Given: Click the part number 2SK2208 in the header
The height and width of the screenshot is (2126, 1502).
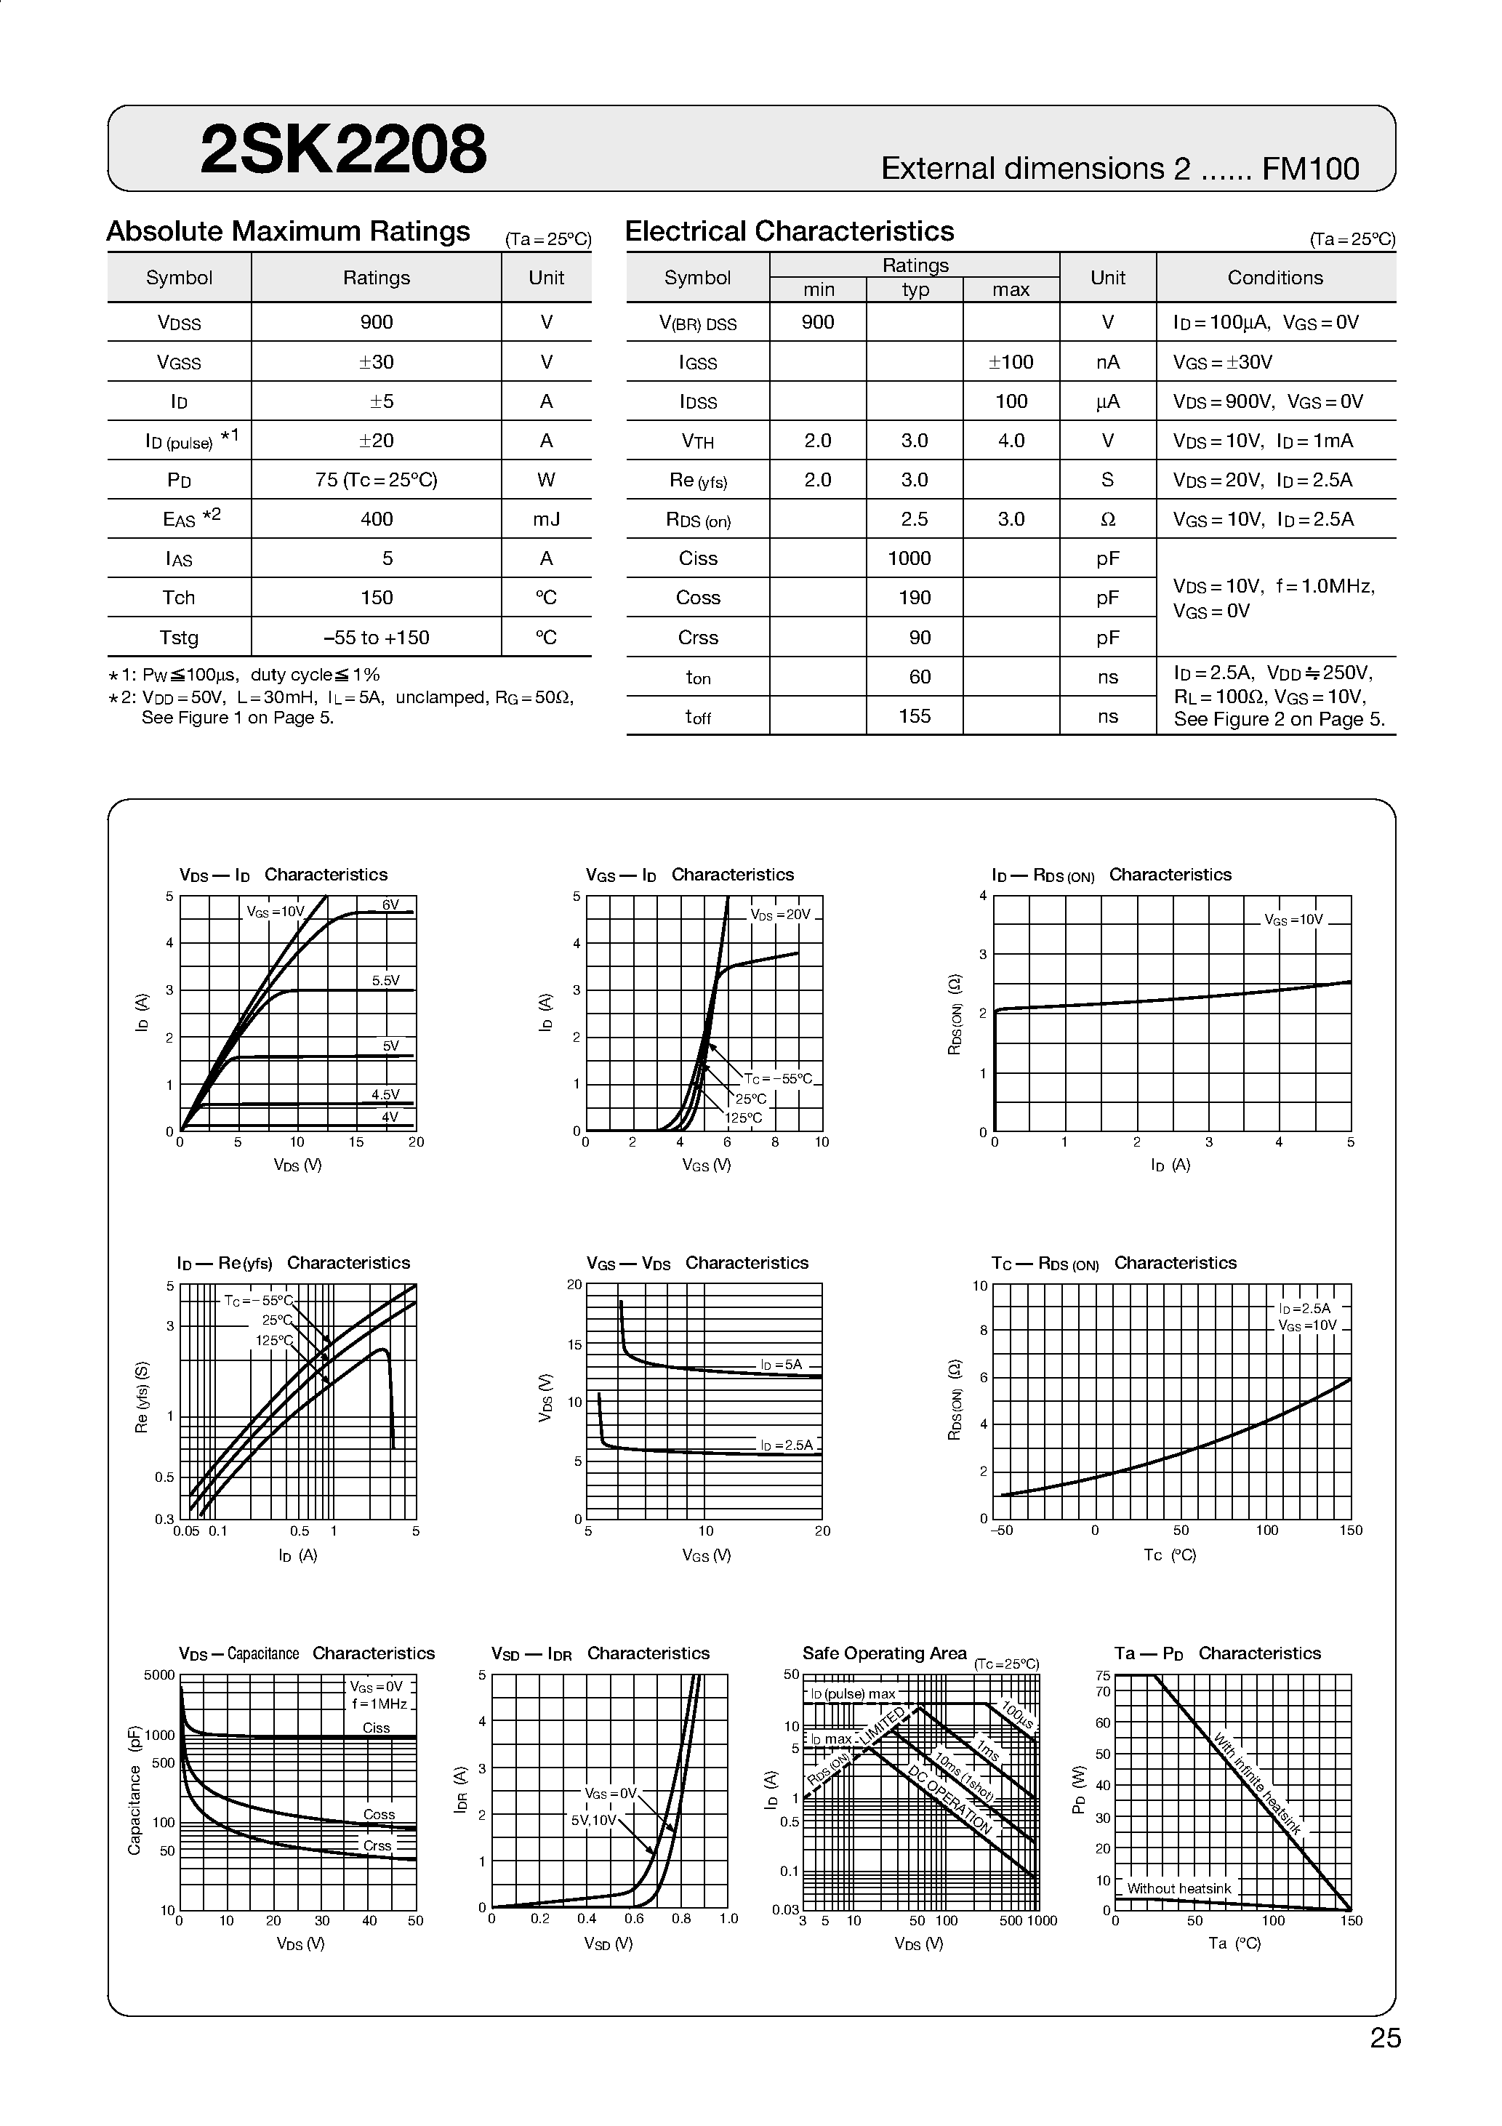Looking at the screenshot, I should pyautogui.click(x=342, y=150).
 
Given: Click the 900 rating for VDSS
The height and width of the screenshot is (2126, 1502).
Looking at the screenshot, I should pyautogui.click(x=376, y=322).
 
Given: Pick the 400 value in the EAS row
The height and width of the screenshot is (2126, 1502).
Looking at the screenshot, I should pyautogui.click(x=376, y=519).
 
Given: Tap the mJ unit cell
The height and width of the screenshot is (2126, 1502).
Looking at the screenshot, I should pyautogui.click(x=547, y=519).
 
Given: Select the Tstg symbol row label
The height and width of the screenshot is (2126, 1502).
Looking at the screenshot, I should pyautogui.click(x=179, y=638).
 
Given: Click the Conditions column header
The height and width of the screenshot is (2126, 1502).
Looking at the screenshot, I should pyautogui.click(x=1275, y=278).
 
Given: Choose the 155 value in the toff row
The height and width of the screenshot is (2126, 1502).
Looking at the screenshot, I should pyautogui.click(x=914, y=715).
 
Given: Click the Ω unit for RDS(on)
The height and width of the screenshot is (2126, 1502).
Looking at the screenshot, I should pyautogui.click(x=1107, y=519).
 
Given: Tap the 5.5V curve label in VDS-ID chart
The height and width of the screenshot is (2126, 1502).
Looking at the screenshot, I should pyautogui.click(x=386, y=979).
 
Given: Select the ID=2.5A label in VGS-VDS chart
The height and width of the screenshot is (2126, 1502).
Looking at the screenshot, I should pyautogui.click(x=786, y=1445).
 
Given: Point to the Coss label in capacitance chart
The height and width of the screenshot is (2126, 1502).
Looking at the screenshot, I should pyautogui.click(x=379, y=1814).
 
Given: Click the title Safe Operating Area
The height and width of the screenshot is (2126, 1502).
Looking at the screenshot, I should pyautogui.click(x=883, y=1654).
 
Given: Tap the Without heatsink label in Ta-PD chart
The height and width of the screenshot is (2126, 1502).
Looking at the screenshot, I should pyautogui.click(x=1178, y=1888).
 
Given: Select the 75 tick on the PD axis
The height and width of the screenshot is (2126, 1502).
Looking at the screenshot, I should pyautogui.click(x=1102, y=1675).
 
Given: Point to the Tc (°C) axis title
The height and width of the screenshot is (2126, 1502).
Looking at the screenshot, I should pyautogui.click(x=1170, y=1555).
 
